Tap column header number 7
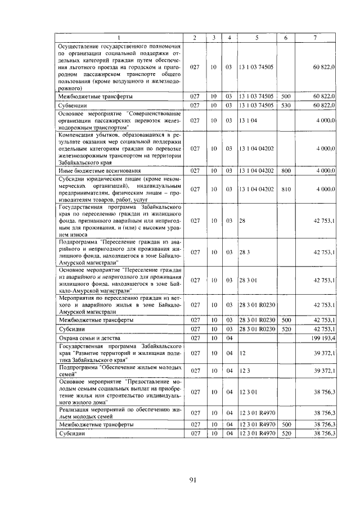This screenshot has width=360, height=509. [x=315, y=38]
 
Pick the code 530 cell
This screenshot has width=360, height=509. [x=285, y=105]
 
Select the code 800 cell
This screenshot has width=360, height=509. [x=285, y=170]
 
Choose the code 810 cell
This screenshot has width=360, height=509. [x=285, y=190]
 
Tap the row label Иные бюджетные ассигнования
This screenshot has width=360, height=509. [x=93, y=170]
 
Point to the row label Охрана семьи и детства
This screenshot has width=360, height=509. [x=88, y=337]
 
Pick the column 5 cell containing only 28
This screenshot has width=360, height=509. [x=242, y=221]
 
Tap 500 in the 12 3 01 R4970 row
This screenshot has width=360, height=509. [x=285, y=425]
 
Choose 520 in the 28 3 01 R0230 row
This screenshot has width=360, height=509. [x=285, y=328]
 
